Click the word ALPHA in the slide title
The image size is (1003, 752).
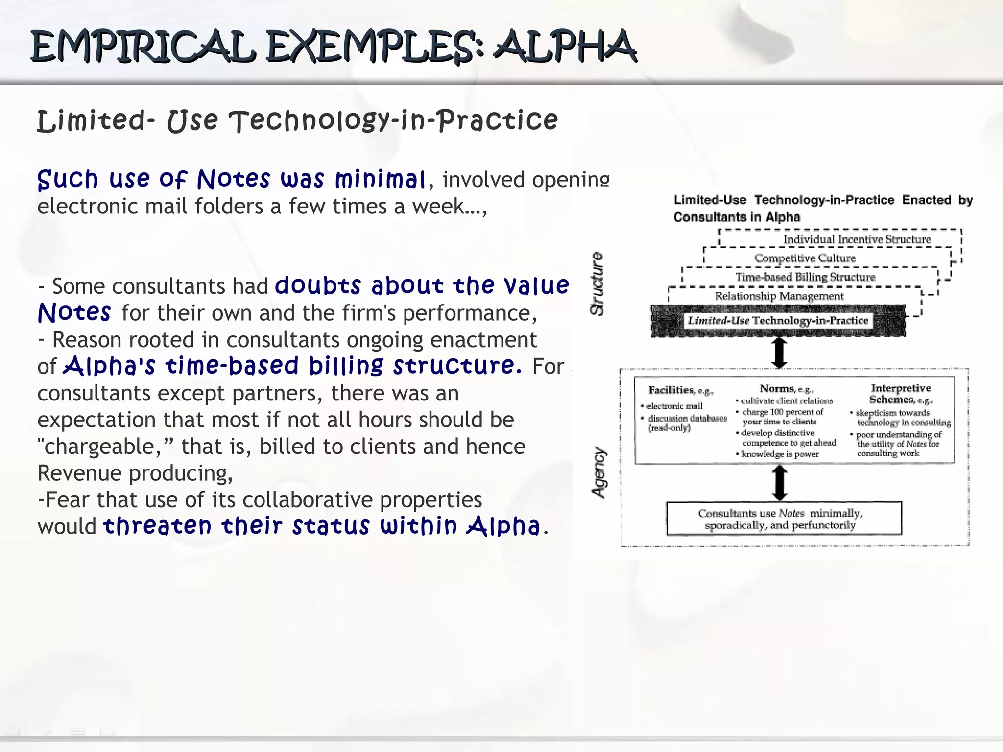pyautogui.click(x=565, y=47)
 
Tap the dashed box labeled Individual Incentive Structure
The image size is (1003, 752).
pyautogui.click(x=857, y=239)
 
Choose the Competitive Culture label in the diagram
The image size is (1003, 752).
pyautogui.click(x=805, y=258)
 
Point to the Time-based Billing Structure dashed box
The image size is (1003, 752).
pyautogui.click(x=805, y=277)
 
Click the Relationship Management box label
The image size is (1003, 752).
pyautogui.click(x=779, y=296)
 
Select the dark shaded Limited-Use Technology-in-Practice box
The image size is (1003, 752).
pyautogui.click(x=778, y=321)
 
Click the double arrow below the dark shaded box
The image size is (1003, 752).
pyautogui.click(x=779, y=352)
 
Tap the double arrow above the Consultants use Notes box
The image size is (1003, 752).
pyautogui.click(x=779, y=483)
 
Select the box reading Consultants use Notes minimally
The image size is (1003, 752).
pyautogui.click(x=783, y=519)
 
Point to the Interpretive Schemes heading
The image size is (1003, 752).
pyautogui.click(x=901, y=394)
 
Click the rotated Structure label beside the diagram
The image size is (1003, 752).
pyautogui.click(x=597, y=284)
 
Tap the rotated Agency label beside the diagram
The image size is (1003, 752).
pyautogui.click(x=599, y=472)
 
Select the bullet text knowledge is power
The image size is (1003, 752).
pyautogui.click(x=780, y=454)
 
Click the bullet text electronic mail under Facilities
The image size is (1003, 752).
pyautogui.click(x=674, y=406)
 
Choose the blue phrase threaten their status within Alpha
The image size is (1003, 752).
pyautogui.click(x=321, y=526)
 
